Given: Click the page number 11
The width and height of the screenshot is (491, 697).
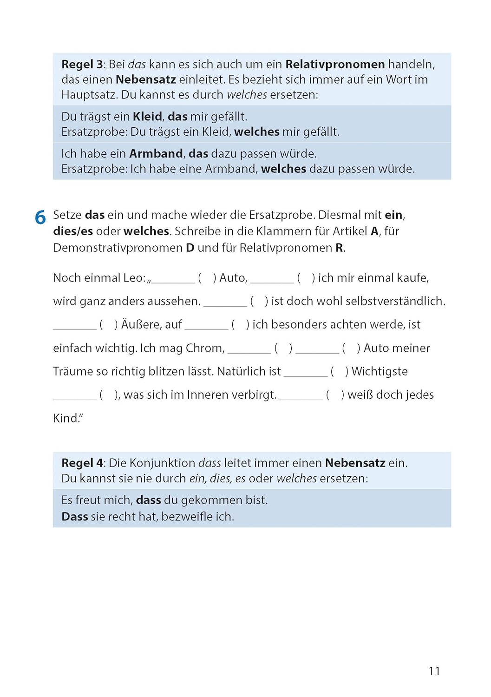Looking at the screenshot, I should pyautogui.click(x=434, y=671).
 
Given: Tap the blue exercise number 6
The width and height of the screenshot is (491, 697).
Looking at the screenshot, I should pyautogui.click(x=40, y=217).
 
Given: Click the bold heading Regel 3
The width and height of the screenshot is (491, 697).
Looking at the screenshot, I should pyautogui.click(x=82, y=64).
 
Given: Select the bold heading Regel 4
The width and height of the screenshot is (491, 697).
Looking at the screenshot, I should pyautogui.click(x=82, y=463).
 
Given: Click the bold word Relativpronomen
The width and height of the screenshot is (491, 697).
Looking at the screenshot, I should pyautogui.click(x=335, y=64).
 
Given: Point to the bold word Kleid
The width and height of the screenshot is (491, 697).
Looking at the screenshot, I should pyautogui.click(x=147, y=116).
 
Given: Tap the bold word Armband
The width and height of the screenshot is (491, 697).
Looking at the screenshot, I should pyautogui.click(x=156, y=153).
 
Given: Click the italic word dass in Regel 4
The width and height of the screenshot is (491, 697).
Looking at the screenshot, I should pyautogui.click(x=209, y=463).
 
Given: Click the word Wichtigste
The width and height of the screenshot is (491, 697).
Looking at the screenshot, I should pyautogui.click(x=380, y=371).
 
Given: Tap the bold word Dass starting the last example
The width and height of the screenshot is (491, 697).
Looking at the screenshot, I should pyautogui.click(x=75, y=516).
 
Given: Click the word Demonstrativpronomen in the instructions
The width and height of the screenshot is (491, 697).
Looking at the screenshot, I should pyautogui.click(x=118, y=248).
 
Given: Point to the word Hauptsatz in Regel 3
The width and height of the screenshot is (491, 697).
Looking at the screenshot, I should pyautogui.click(x=89, y=95).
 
